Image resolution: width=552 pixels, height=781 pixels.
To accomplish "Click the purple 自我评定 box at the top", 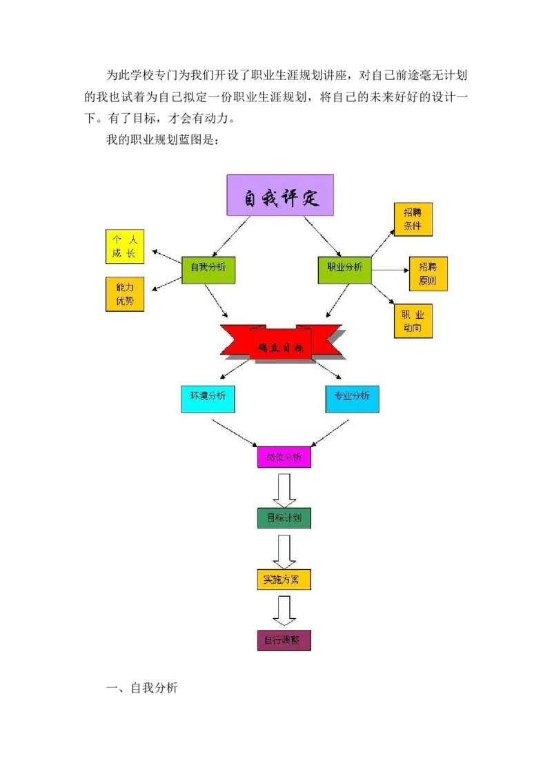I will click(x=280, y=195).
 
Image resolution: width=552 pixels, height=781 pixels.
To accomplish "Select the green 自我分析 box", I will click(x=208, y=270).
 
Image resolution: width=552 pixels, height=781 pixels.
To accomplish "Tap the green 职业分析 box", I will click(x=344, y=270).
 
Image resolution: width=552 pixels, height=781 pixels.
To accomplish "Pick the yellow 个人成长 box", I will click(x=125, y=247).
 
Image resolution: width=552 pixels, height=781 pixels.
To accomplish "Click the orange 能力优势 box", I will click(x=125, y=295).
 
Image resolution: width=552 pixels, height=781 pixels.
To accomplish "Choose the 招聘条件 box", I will click(x=413, y=219).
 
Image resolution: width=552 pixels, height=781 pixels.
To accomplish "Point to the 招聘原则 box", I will click(x=428, y=275).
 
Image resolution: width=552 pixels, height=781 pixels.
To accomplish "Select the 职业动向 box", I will click(x=413, y=321).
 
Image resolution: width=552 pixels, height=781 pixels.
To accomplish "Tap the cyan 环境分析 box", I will click(x=208, y=399).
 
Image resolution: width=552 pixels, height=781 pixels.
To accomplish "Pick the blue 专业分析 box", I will click(x=352, y=399).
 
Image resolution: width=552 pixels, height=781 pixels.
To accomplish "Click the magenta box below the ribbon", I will click(x=284, y=457).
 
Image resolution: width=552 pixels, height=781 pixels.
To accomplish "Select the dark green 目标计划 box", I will click(x=284, y=517).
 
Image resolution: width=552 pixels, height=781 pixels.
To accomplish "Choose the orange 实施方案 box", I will click(x=284, y=579).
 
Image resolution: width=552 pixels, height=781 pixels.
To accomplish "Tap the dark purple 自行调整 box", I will click(x=284, y=640).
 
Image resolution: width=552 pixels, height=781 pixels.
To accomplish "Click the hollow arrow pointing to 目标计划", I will click(x=284, y=490).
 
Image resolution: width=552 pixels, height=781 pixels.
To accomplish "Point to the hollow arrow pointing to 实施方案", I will click(x=284, y=551).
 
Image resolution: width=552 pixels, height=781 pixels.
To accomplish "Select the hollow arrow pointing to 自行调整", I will click(x=284, y=611).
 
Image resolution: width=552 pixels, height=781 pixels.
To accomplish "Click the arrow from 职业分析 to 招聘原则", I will click(x=390, y=270).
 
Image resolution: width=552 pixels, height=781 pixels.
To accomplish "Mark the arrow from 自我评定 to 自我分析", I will click(x=231, y=236).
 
